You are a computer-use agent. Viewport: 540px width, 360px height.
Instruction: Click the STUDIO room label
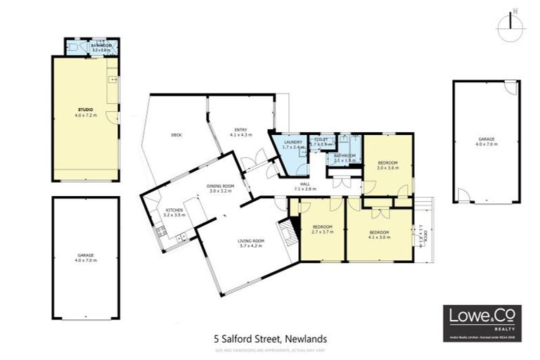85,112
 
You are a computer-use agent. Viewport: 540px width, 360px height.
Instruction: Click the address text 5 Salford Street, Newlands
270,339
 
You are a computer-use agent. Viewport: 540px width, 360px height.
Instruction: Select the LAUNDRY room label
293,145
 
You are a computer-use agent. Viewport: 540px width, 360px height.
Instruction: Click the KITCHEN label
174,212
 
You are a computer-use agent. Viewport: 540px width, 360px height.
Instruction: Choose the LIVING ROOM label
250,243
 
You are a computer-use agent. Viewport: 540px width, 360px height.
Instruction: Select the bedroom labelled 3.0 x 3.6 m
387,165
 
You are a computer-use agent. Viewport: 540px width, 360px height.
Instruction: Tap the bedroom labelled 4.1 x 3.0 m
379,234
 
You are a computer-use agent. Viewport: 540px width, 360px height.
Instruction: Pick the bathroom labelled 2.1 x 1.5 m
345,157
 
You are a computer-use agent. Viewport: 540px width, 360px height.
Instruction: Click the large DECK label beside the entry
177,135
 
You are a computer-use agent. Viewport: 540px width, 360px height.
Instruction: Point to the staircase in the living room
287,233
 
